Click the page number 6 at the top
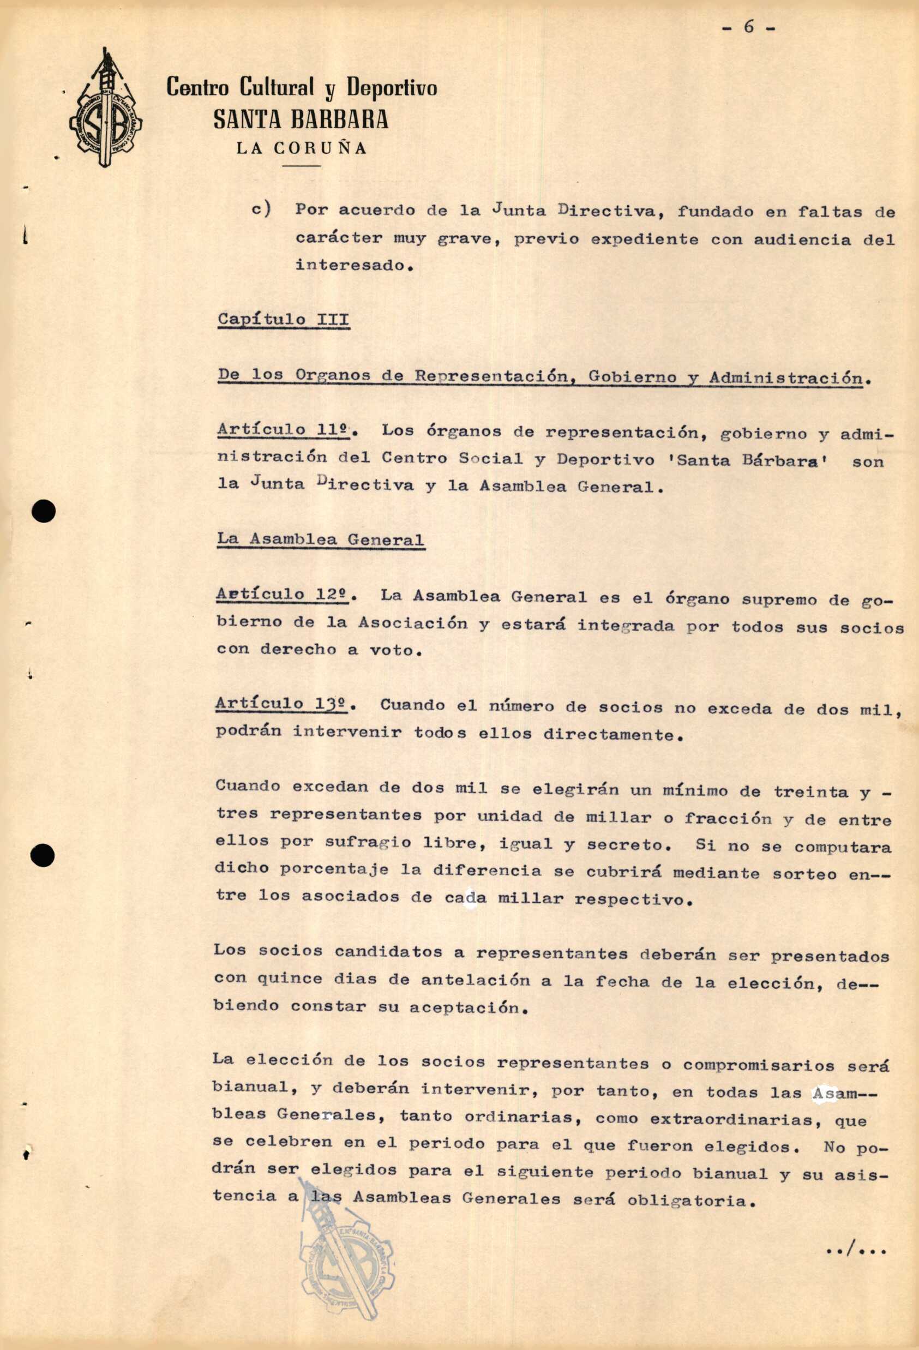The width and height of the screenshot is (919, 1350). tap(749, 27)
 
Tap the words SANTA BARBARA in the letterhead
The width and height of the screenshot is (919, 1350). tap(301, 119)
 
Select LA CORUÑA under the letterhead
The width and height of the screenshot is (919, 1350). tap(302, 148)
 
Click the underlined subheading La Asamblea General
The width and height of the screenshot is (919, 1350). tap(321, 538)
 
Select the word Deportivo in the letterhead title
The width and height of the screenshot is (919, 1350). tap(392, 88)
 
